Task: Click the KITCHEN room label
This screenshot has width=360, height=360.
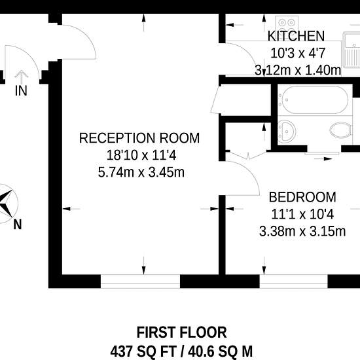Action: point(296,36)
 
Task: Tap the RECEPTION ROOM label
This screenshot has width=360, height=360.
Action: point(139,138)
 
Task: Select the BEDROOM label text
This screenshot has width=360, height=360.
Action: point(302,197)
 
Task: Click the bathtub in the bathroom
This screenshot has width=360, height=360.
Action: point(315,100)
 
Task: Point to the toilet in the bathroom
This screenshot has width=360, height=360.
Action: point(340,130)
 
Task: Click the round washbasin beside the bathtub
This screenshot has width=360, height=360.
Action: point(287,132)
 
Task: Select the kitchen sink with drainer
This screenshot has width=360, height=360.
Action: point(351,50)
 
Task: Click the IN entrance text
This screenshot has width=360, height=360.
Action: point(21,91)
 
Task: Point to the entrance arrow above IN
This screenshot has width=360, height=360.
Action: point(22,77)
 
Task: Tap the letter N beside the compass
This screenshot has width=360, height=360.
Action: point(18,225)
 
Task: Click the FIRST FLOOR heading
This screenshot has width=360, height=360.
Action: point(181,333)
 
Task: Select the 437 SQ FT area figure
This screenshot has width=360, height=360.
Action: point(143,351)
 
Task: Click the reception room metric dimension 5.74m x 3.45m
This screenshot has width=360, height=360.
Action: point(141,172)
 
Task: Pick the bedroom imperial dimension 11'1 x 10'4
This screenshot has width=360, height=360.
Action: point(302,215)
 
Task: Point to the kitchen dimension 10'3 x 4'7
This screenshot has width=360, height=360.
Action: point(298,53)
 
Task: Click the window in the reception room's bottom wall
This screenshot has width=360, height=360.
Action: point(140,281)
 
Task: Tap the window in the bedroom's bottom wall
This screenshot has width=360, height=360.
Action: point(293,281)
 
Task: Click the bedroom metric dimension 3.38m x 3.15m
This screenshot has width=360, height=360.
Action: point(302,232)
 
